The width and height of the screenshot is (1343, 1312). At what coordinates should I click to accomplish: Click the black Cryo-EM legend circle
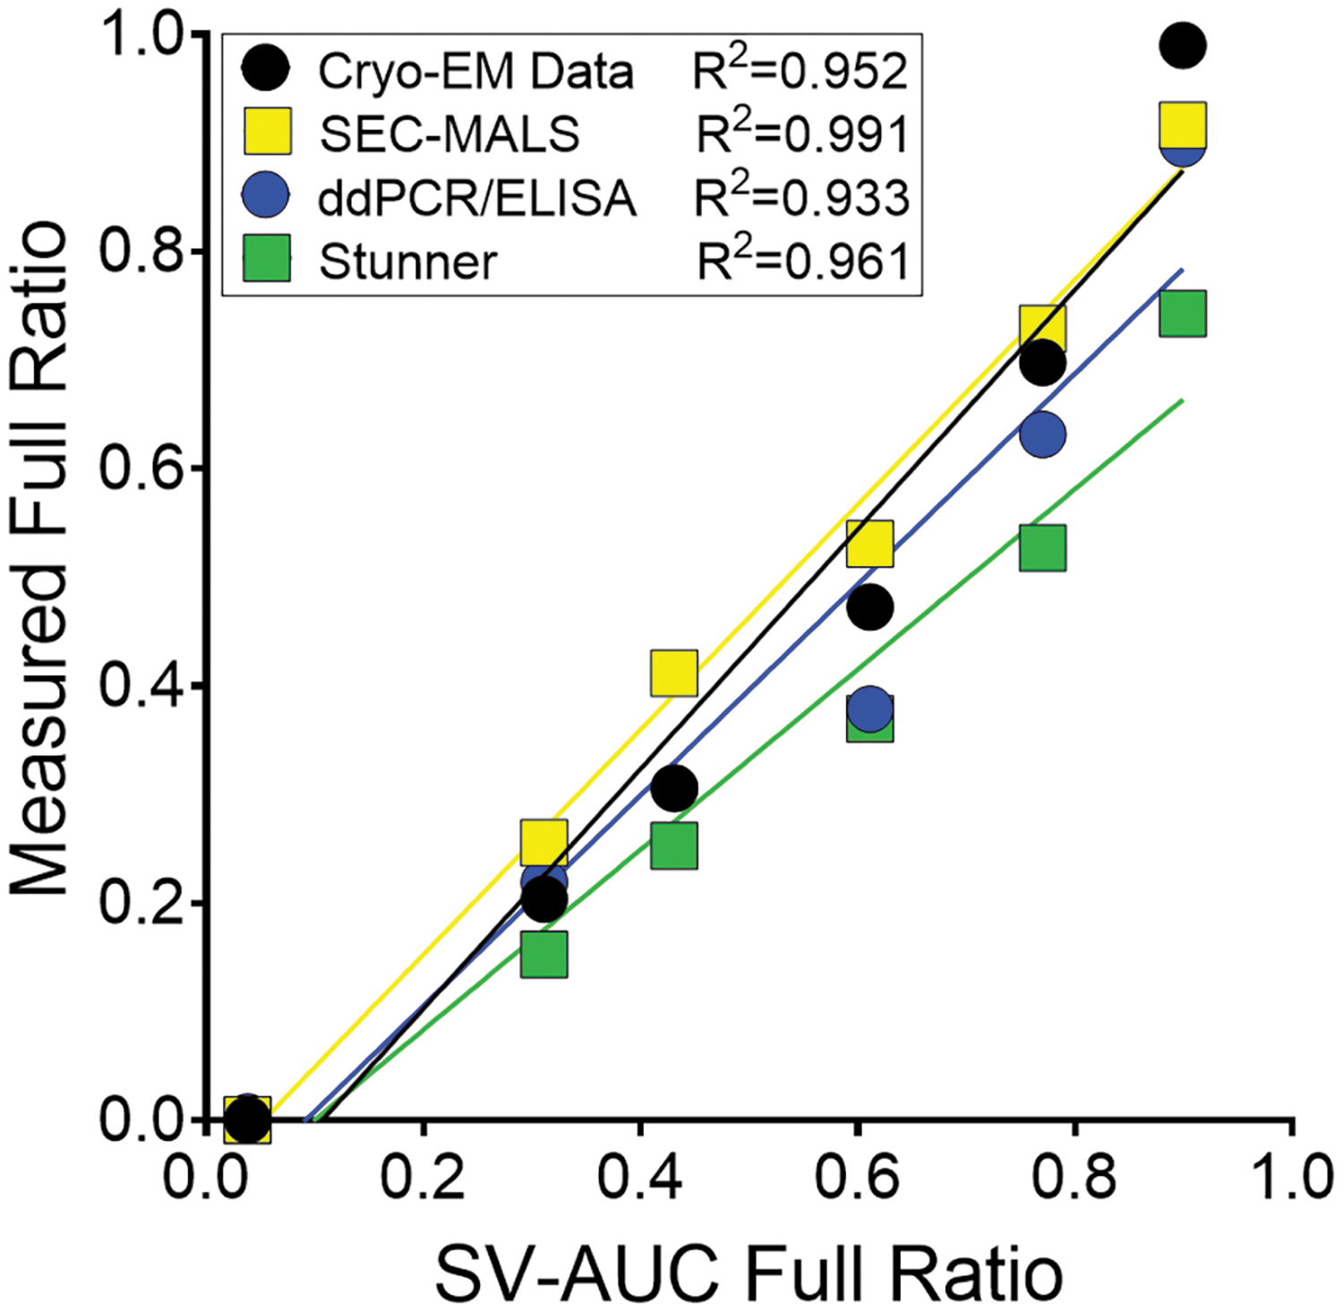(266, 68)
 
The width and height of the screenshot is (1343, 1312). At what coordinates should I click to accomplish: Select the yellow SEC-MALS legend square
(268, 132)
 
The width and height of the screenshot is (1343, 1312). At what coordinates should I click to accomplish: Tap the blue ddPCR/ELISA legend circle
(266, 195)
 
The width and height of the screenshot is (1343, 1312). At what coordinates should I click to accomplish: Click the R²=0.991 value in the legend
(803, 132)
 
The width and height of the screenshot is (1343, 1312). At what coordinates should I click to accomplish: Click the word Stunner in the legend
(407, 262)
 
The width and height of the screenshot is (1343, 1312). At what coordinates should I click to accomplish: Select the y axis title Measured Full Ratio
(40, 557)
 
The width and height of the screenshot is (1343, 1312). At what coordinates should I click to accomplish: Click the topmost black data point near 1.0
(1183, 45)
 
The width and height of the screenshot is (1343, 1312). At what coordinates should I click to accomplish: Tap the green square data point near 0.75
(1183, 313)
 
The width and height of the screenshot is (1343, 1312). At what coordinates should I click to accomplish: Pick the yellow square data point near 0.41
(674, 673)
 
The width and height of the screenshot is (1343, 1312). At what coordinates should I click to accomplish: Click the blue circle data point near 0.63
(1042, 434)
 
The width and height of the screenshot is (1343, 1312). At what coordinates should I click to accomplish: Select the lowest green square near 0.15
(543, 954)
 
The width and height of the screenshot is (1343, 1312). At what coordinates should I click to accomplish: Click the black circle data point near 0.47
(869, 607)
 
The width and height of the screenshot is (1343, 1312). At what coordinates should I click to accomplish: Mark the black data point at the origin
(247, 1118)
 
